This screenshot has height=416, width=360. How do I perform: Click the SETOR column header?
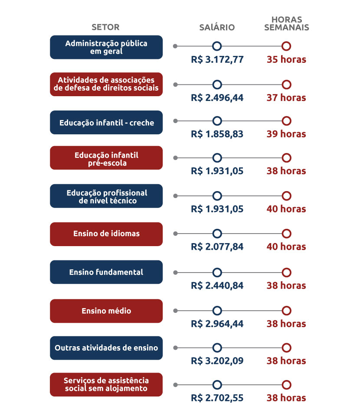[106, 27]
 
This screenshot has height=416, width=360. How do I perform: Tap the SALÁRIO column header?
[217, 27]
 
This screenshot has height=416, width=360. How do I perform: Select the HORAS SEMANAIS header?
[286, 23]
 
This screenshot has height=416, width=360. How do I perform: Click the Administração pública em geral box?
[106, 47]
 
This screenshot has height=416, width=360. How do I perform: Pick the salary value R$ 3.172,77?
[217, 59]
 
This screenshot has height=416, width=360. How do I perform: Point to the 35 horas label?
[286, 59]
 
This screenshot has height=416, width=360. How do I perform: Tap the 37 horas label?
[286, 97]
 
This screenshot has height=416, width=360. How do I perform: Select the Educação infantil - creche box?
[106, 123]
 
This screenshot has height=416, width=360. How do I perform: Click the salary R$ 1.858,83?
[217, 134]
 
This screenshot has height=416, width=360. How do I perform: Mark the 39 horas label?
[286, 134]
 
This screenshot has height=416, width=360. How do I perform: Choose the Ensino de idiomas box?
[106, 234]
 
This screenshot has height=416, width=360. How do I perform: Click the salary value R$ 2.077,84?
[217, 247]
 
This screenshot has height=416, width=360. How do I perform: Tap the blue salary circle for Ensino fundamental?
[217, 273]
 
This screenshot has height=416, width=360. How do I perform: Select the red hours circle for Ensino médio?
[286, 311]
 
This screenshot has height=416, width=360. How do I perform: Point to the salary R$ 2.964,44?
[217, 324]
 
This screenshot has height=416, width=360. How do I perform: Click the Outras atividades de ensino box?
[106, 348]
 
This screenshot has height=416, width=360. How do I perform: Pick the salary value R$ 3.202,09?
[217, 361]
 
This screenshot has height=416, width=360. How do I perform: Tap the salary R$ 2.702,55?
[217, 398]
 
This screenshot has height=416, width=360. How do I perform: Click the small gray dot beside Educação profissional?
[175, 196]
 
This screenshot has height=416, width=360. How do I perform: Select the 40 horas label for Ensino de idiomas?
[286, 247]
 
